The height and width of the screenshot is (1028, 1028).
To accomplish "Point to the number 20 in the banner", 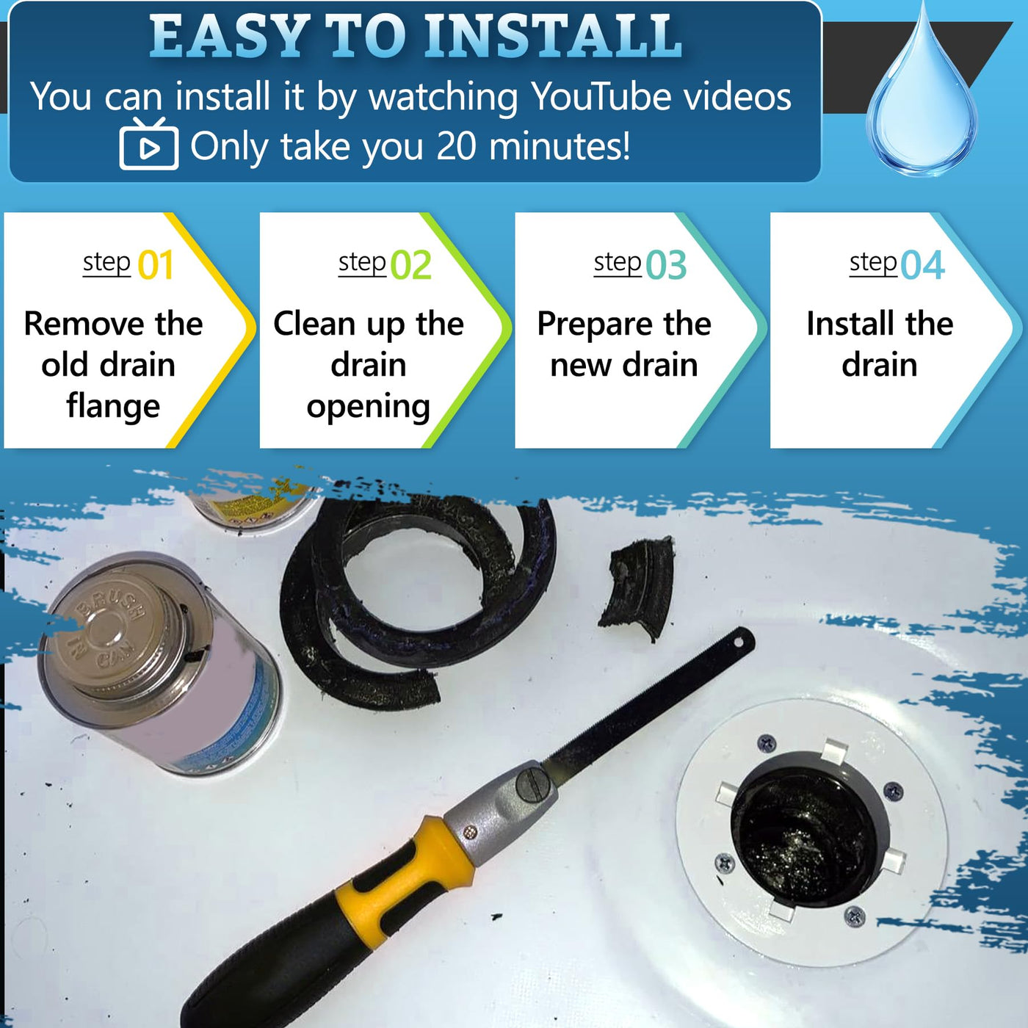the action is (x=456, y=145).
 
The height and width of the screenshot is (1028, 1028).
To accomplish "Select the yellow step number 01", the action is (x=156, y=265).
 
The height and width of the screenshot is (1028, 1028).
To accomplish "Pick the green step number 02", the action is (x=410, y=265).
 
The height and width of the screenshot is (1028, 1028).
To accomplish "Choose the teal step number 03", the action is (x=666, y=265).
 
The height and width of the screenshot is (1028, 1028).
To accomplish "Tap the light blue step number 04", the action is (x=923, y=265).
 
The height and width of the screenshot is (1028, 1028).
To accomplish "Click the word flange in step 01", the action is (x=113, y=407).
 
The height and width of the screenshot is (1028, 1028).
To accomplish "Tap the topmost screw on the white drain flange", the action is (x=767, y=742).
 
